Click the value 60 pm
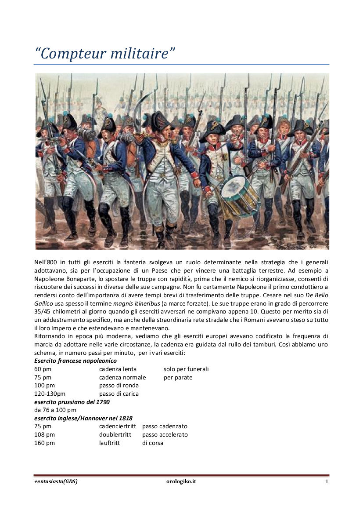click(x=43, y=369)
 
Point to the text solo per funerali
click(x=186, y=369)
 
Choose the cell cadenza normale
click(x=122, y=377)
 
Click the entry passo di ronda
click(x=119, y=385)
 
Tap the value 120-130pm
click(x=50, y=394)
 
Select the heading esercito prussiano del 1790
click(x=72, y=402)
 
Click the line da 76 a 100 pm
click(x=55, y=410)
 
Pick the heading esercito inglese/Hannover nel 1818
click(x=83, y=418)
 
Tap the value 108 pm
click(x=44, y=434)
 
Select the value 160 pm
click(x=44, y=443)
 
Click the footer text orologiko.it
click(x=178, y=481)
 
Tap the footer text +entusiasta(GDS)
click(x=56, y=481)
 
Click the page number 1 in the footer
click(x=327, y=481)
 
